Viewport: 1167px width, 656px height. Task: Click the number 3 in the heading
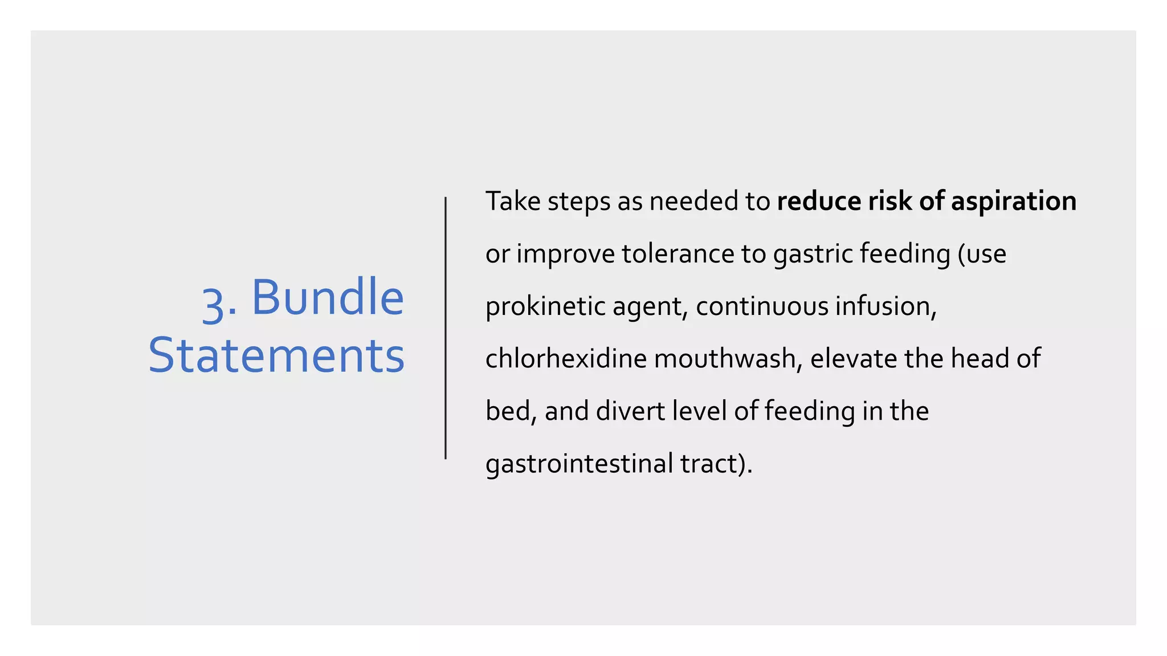tap(213, 303)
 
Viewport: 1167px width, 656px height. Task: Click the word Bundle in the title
tap(328, 297)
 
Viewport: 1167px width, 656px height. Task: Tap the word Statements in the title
tap(276, 355)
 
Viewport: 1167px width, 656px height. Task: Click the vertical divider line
tap(446, 328)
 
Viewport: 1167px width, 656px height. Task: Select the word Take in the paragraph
tap(513, 202)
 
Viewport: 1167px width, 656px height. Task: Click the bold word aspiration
tap(1014, 202)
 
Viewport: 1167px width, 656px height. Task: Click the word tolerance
tap(678, 254)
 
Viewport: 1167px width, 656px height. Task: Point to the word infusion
tap(885, 306)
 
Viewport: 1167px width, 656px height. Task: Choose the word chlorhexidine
tap(566, 359)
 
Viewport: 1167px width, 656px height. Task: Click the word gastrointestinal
tap(579, 464)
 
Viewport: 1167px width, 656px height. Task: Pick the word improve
tap(565, 254)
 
